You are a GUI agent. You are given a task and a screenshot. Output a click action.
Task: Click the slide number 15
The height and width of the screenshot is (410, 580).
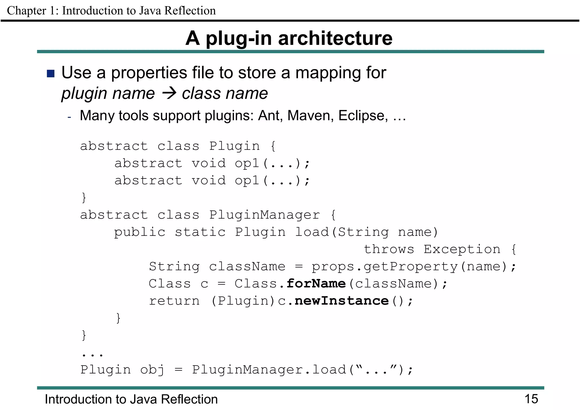(531, 399)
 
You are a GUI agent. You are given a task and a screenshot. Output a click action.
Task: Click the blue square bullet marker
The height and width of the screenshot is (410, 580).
(50, 73)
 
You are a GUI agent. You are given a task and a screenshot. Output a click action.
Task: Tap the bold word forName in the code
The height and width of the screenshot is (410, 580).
(316, 284)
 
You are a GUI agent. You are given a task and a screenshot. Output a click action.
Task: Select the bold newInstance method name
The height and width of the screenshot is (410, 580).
(342, 301)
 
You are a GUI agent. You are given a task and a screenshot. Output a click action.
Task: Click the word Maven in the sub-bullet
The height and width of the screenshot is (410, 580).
(310, 116)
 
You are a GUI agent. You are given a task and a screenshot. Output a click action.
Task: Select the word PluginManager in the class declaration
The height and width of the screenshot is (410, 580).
(265, 215)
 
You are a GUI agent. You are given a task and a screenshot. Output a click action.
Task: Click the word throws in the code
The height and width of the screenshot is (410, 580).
(389, 249)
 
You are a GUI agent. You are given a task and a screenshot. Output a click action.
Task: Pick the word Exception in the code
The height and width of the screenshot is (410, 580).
(462, 249)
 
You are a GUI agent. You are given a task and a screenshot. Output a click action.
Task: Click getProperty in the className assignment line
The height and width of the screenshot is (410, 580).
(411, 267)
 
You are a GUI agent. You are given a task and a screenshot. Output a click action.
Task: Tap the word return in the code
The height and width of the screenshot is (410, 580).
(174, 301)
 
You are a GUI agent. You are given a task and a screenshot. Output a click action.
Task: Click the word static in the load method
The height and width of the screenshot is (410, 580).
(200, 232)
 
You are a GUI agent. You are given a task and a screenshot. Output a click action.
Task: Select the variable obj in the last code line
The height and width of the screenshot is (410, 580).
(152, 370)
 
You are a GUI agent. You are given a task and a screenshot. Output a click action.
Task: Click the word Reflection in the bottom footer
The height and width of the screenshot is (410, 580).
(189, 399)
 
